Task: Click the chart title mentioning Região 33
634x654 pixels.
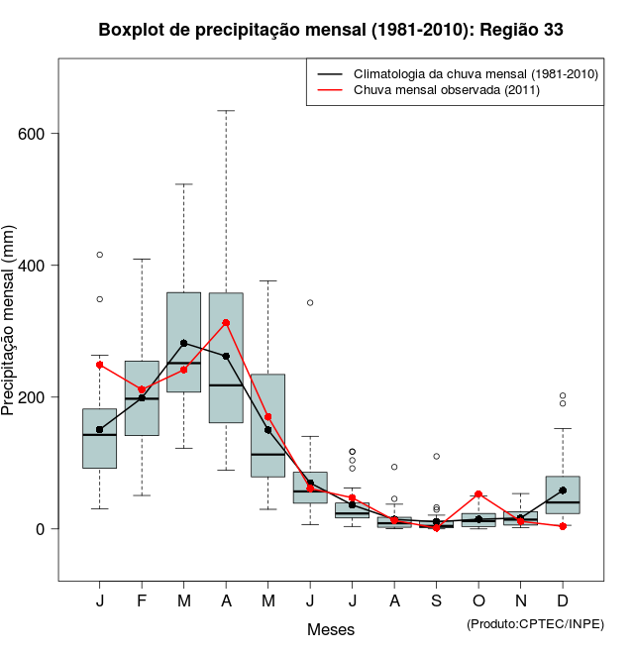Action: coord(331,30)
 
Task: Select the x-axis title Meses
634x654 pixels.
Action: coord(331,630)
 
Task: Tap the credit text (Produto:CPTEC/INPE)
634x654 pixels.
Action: coord(535,623)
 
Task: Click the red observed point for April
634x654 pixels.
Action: coord(226,323)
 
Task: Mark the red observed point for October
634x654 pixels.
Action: coord(478,494)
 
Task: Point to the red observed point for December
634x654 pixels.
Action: coord(563,526)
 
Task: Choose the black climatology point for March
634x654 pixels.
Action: coord(183,343)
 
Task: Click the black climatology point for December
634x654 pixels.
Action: coord(563,490)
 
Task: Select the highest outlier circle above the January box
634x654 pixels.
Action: coord(99,255)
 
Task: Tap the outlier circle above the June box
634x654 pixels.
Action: coord(310,302)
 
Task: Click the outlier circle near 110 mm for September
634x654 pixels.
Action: coord(436,457)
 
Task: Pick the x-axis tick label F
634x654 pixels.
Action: coord(142,601)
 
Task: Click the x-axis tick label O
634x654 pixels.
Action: coord(478,601)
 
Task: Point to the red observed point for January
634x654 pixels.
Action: coord(99,365)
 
